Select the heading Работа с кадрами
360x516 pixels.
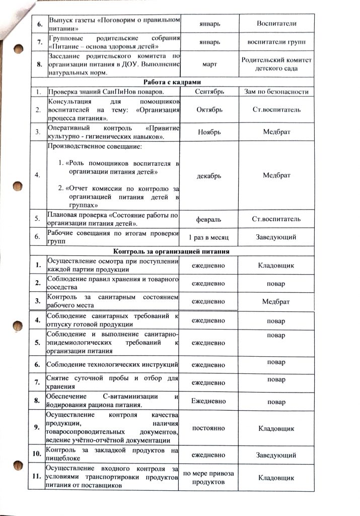173,82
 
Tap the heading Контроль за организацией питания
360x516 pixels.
172,251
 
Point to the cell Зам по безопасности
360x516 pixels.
276,92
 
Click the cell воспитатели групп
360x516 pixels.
276,42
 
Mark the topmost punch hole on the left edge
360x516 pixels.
18,50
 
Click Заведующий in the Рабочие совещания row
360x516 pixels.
276,237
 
